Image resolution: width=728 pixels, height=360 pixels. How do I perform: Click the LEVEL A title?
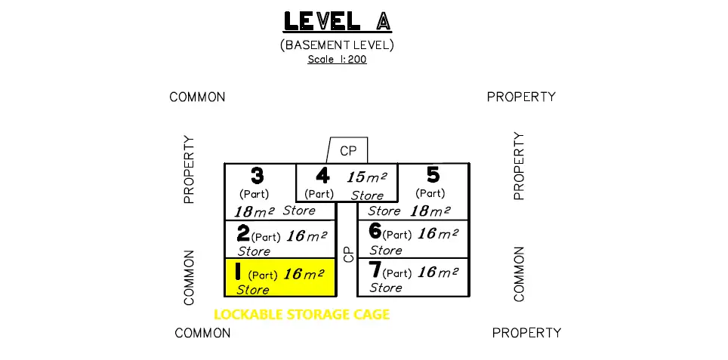pyautogui.click(x=336, y=21)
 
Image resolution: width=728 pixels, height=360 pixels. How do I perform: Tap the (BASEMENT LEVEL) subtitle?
pyautogui.click(x=337, y=45)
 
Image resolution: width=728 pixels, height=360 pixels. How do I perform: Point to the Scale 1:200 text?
pyautogui.click(x=337, y=59)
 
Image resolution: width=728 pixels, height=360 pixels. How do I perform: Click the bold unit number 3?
pyautogui.click(x=257, y=177)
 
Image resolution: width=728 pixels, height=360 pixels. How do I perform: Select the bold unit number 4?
pyautogui.click(x=322, y=177)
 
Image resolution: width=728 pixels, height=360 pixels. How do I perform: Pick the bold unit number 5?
pyautogui.click(x=433, y=175)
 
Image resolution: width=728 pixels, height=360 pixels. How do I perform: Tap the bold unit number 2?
pyautogui.click(x=242, y=232)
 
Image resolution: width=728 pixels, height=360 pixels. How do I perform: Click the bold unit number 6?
pyautogui.click(x=375, y=231)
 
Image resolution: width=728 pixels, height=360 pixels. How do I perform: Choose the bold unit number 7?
pyautogui.click(x=375, y=269)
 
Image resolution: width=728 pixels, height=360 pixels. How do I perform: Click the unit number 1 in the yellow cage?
pyautogui.click(x=237, y=270)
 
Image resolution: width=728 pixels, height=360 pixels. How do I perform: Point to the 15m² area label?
pyautogui.click(x=367, y=178)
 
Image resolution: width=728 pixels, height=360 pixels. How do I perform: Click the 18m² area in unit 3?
pyautogui.click(x=254, y=213)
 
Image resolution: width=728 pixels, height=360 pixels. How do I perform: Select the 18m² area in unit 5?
pyautogui.click(x=430, y=212)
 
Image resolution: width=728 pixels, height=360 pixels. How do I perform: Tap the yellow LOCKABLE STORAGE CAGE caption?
pyautogui.click(x=302, y=315)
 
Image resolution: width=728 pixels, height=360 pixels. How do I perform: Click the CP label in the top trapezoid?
pyautogui.click(x=348, y=151)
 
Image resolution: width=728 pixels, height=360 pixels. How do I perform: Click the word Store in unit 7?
pyautogui.click(x=385, y=288)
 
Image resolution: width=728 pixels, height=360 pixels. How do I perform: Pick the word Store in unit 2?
pyautogui.click(x=254, y=251)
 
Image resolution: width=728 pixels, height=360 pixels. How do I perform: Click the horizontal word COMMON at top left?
pyautogui.click(x=197, y=97)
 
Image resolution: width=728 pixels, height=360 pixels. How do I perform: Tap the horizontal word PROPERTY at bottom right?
pyautogui.click(x=526, y=333)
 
